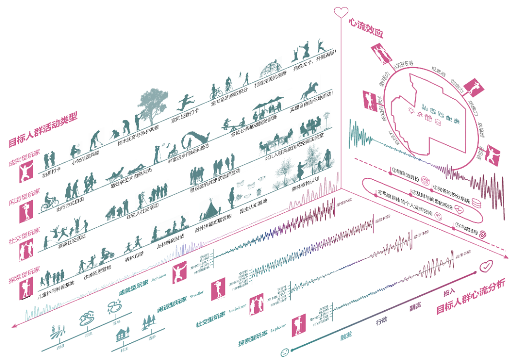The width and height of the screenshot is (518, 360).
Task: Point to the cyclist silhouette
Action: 49,202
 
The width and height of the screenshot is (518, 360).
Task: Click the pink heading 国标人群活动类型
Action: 43,129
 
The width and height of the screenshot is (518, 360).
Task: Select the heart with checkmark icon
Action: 486,265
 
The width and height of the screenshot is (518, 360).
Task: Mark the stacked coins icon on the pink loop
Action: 476,203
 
